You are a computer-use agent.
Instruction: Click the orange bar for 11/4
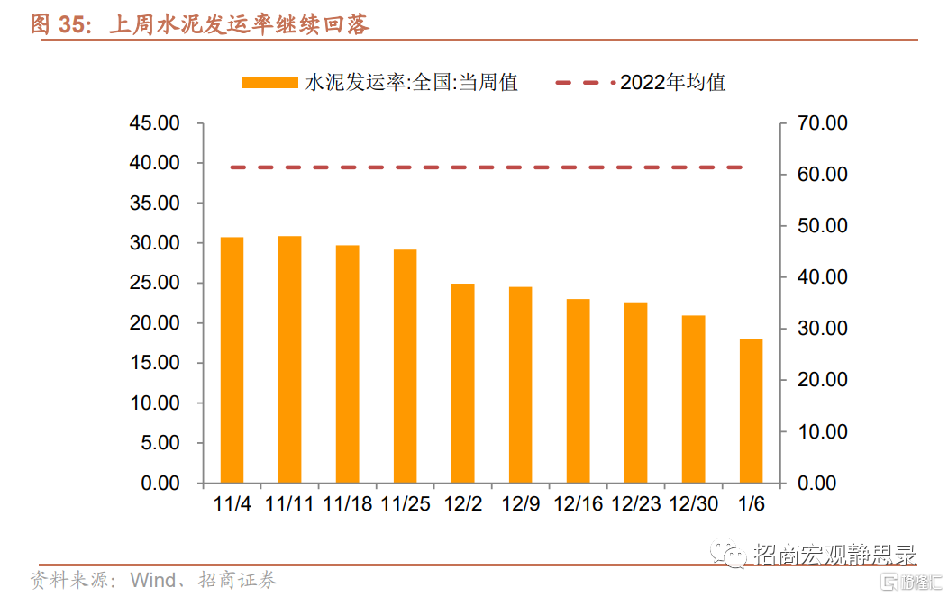click(x=232, y=360)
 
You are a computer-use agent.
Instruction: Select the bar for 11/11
click(x=289, y=359)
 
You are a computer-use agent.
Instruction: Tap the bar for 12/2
click(x=462, y=384)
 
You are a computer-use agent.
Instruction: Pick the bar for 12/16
click(x=578, y=391)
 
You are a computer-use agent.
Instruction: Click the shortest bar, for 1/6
click(x=751, y=411)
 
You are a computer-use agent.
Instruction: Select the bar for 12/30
click(x=693, y=399)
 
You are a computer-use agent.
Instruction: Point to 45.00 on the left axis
click(x=155, y=123)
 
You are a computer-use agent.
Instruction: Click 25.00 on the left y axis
click(x=155, y=283)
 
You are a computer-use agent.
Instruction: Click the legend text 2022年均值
click(x=673, y=83)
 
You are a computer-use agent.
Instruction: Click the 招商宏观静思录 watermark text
click(x=834, y=556)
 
